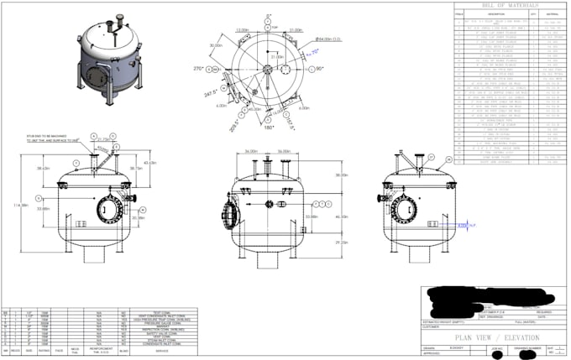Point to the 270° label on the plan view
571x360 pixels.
tap(200, 68)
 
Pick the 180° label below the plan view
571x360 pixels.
tap(269, 128)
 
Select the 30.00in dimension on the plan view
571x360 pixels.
tap(217, 45)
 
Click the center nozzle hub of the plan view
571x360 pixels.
tap(269, 69)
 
